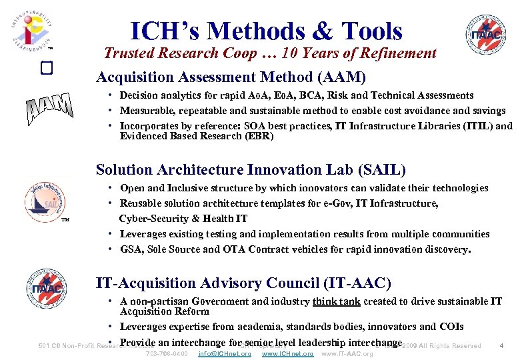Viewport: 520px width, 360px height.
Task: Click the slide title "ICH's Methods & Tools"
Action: pos(267,31)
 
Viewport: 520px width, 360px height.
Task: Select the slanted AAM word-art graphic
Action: pos(49,111)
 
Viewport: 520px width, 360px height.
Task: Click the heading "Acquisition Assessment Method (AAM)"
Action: pos(231,77)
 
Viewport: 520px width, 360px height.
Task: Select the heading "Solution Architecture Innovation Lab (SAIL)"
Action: pos(251,170)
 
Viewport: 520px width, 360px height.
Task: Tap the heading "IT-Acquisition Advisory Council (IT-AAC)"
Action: pos(243,283)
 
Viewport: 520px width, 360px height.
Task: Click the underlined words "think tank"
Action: pos(336,301)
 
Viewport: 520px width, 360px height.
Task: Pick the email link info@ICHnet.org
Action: pos(225,353)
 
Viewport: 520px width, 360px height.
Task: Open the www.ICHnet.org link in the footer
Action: pos(287,353)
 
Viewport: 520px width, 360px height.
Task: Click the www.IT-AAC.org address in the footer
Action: pos(347,353)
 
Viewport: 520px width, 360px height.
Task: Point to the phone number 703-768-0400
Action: pos(166,353)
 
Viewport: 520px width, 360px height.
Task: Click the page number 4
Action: pos(501,345)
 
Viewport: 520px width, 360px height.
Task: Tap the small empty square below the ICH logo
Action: pos(46,69)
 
